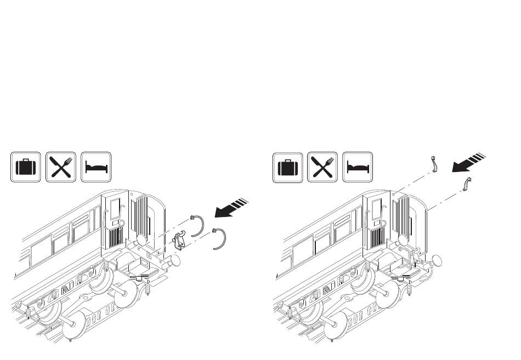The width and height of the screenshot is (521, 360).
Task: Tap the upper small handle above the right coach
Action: coord(433,165)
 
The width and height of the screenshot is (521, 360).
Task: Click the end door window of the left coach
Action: coord(115,211)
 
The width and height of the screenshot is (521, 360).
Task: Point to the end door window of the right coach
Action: coord(377,211)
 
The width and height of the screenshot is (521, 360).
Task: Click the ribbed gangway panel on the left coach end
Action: coord(141,216)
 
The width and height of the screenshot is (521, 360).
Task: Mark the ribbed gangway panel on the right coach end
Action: coord(404,216)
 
